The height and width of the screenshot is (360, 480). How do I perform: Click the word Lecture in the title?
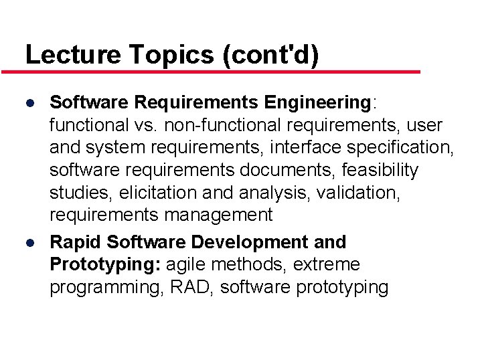(64, 54)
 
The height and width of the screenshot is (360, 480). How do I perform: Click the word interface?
(301, 148)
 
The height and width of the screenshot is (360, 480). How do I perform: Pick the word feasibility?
(378, 171)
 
